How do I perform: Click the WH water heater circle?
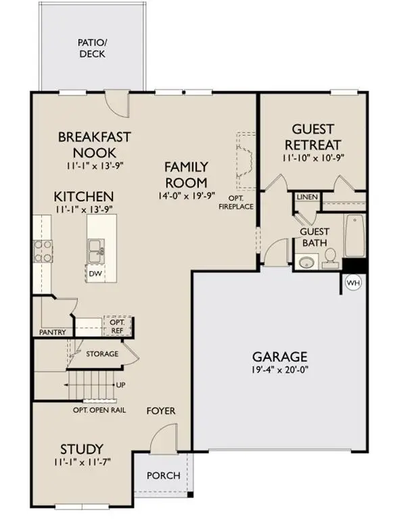[353, 283]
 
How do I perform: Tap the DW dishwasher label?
[95, 274]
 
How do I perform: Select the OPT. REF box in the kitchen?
[117, 326]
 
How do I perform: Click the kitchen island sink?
[96, 251]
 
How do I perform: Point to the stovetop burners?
[43, 251]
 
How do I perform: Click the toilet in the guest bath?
[330, 259]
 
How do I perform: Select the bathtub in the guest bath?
[355, 236]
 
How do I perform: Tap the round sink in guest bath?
[306, 262]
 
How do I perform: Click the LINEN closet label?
[307, 197]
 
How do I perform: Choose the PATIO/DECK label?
[93, 48]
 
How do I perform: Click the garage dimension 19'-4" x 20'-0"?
[280, 370]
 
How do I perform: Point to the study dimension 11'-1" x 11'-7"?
[83, 462]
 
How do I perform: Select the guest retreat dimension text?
[313, 158]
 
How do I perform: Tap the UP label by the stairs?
[120, 385]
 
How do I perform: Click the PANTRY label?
[52, 332]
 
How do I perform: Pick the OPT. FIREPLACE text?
[236, 202]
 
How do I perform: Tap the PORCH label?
[164, 476]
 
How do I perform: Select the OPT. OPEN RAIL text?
[99, 410]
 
